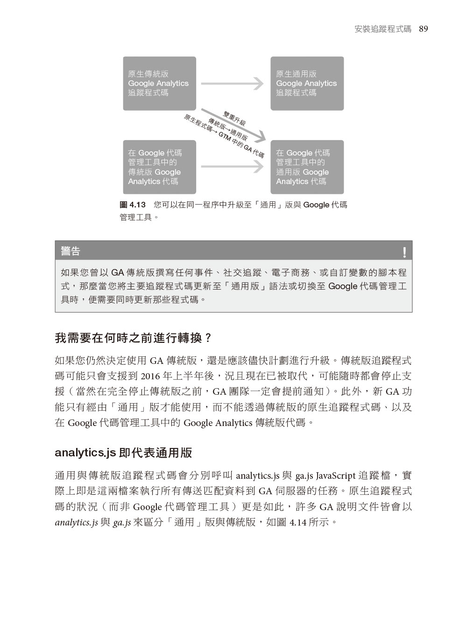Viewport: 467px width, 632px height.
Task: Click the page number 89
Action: tap(423, 29)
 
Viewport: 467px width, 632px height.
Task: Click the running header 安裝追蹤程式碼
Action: tap(383, 29)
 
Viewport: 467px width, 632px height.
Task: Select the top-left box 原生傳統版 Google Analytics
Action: tap(159, 84)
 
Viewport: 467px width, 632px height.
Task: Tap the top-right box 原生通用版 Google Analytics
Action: tap(307, 84)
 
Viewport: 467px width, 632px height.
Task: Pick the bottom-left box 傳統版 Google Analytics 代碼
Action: tap(159, 167)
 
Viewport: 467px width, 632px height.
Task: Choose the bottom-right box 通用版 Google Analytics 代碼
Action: tap(307, 167)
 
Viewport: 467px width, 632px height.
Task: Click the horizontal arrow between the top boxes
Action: tap(233, 84)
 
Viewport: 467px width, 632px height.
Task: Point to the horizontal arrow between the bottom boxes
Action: tap(233, 166)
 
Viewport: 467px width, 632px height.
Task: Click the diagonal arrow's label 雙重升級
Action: tap(234, 119)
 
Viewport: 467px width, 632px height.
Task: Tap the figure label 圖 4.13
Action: tap(133, 205)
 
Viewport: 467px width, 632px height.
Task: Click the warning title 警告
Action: tap(71, 251)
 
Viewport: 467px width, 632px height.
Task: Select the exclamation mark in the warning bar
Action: tap(404, 252)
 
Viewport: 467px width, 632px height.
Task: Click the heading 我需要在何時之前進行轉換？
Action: tap(134, 337)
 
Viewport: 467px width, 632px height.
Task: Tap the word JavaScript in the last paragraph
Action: tap(335, 476)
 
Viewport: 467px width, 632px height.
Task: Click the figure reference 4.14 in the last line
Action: tap(297, 522)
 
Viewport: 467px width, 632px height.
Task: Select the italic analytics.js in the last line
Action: tap(76, 522)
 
